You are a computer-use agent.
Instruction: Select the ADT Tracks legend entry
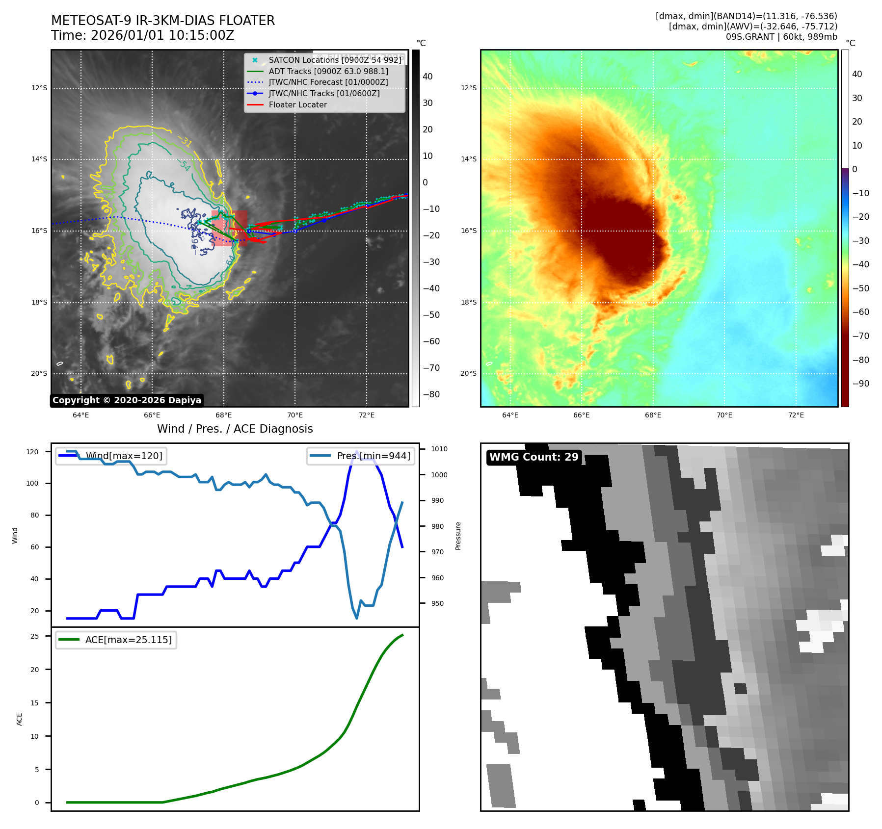coord(328,71)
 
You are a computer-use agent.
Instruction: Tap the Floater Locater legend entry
coord(297,104)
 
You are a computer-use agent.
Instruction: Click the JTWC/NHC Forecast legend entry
coord(328,82)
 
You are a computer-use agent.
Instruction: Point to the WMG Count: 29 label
coord(534,457)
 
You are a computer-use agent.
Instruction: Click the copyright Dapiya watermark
coord(127,400)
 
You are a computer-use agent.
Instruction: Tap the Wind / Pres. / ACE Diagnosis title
coord(235,429)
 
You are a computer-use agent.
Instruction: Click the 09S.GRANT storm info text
coord(781,37)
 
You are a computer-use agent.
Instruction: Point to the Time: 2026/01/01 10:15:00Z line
coord(142,36)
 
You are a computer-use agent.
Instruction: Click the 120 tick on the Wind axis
coord(32,452)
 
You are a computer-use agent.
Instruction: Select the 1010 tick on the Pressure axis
coord(439,449)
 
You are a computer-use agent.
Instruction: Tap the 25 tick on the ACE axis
coord(35,636)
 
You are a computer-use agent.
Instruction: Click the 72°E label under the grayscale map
coord(366,415)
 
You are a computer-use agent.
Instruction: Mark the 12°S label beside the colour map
coord(468,88)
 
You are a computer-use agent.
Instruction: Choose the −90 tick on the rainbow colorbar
coord(860,384)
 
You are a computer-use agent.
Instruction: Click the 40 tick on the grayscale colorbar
coord(428,77)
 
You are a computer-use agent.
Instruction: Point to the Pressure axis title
coord(458,536)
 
